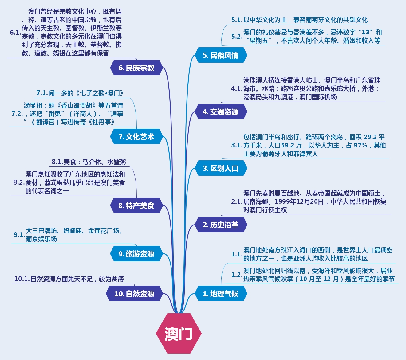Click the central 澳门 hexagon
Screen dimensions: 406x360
[x=179, y=334]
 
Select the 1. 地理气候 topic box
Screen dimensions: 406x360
[x=220, y=294]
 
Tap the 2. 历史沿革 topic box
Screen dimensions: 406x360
[x=220, y=225]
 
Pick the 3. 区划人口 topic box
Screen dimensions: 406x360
[x=220, y=168]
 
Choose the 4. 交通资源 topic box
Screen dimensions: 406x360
[x=220, y=112]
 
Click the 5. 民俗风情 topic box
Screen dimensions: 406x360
[x=220, y=55]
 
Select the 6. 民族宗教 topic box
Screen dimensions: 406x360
[x=136, y=68]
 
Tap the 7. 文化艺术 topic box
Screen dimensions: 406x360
[x=136, y=137]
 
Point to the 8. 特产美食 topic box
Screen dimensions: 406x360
[x=136, y=205]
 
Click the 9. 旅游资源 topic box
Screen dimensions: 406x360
[x=136, y=254]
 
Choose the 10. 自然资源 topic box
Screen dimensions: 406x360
[x=134, y=294]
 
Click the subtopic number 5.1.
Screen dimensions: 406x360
[x=237, y=20]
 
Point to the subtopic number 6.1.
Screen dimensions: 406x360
[x=15, y=33]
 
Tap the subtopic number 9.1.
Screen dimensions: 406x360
[x=19, y=235]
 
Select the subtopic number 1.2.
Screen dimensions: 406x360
[x=237, y=275]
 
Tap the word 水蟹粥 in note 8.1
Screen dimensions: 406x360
[x=116, y=162]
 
